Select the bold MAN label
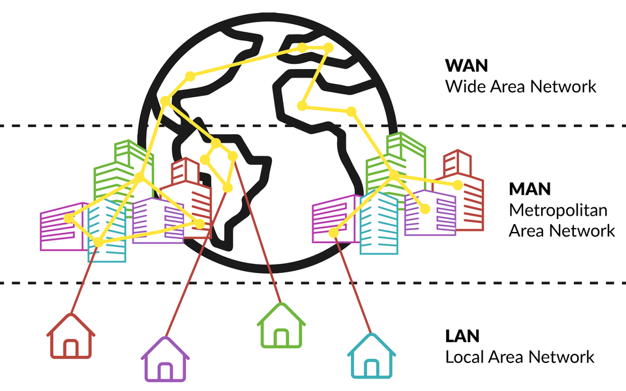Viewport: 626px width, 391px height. [530, 190]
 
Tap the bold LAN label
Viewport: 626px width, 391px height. [462, 336]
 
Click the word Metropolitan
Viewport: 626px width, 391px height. [558, 210]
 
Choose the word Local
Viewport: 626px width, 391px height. [466, 357]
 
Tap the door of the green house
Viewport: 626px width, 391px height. [281, 338]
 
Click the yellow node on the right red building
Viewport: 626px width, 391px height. [458, 186]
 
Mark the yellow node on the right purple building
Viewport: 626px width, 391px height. [425, 209]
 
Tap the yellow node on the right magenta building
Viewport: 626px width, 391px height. [333, 233]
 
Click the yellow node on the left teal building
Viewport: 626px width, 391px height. [98, 242]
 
